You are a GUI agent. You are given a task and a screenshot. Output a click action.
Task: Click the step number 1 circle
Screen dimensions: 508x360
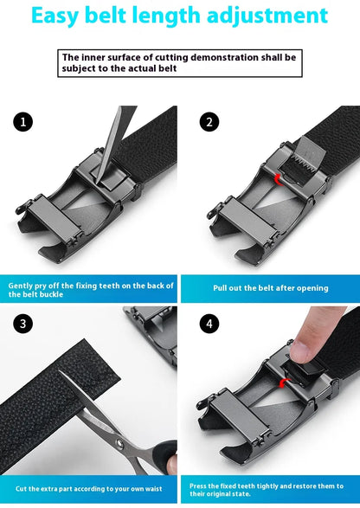(x=24, y=122)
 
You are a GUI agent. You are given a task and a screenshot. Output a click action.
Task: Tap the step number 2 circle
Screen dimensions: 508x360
(x=208, y=122)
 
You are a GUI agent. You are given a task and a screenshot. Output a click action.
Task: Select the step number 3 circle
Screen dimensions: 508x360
(x=24, y=324)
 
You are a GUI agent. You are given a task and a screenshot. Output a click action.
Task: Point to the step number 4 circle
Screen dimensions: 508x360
(x=208, y=324)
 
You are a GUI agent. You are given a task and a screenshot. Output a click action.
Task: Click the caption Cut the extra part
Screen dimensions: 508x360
(x=90, y=488)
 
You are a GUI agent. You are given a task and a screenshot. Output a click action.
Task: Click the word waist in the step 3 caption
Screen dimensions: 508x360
(x=151, y=488)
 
